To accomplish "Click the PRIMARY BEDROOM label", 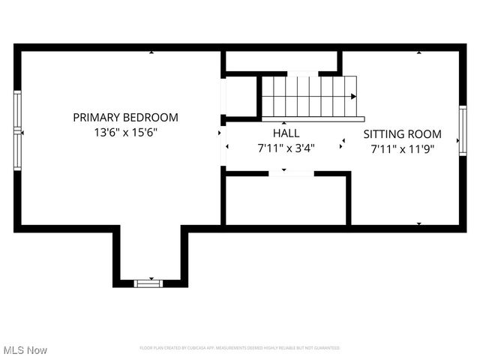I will pos(125,117).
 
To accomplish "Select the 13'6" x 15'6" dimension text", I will pos(125,132).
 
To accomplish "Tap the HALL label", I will pos(286,133).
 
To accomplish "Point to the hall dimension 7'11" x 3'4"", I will pos(286,148).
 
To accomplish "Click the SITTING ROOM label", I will pos(402,134).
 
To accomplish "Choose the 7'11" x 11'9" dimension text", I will pos(402,148).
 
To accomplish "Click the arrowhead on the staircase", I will pos(352,97).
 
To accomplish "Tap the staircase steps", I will pos(307,96).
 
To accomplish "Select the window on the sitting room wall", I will pos(463,130).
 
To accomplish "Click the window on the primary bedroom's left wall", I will pos(17,130).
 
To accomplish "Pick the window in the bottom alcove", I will pos(148,283).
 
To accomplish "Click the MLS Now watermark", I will pos(25,350).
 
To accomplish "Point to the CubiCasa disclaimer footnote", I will pos(240,348).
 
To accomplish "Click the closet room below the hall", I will pos(286,200).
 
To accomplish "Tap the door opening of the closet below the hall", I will pos(291,173).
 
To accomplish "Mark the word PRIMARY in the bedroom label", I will pos(96,117).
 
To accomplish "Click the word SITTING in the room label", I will pos(384,134).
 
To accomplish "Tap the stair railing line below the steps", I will pos(313,118).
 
